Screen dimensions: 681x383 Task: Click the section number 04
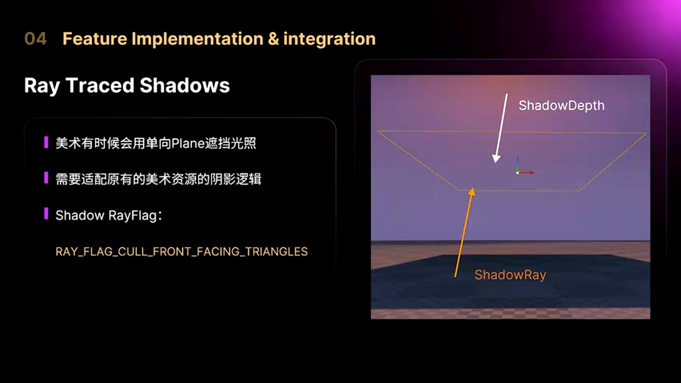tap(36, 39)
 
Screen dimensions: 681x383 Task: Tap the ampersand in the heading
tap(273, 39)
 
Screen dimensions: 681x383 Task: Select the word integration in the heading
tap(329, 39)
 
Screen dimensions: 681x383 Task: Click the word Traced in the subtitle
tap(99, 85)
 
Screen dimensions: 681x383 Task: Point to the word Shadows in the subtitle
tap(185, 85)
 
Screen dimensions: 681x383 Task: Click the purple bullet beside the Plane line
tap(46, 142)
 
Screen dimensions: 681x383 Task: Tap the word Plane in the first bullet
tap(188, 144)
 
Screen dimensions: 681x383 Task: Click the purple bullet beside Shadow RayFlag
tap(46, 213)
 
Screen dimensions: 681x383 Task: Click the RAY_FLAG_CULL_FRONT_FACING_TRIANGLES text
tap(181, 252)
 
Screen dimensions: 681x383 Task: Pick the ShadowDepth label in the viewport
tap(561, 106)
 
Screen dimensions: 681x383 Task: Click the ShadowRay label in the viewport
tap(510, 275)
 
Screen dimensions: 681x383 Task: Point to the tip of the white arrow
tap(495, 163)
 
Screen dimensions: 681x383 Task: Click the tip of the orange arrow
tap(472, 188)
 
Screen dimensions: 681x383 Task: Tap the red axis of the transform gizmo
tap(527, 172)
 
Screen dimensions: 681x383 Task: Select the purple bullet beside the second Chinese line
tap(46, 178)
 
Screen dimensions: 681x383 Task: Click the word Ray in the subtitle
tap(42, 86)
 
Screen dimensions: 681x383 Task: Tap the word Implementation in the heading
tap(197, 39)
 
